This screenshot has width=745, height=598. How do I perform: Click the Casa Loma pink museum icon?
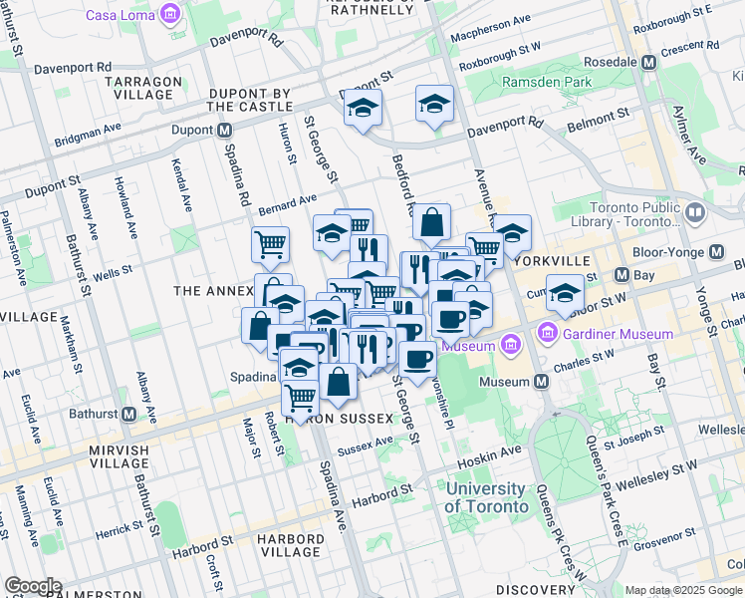pos(171,14)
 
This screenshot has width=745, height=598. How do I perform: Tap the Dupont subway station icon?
pos(225,130)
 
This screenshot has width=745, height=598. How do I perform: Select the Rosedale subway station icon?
pos(649,62)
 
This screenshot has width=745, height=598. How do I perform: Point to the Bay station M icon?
pos(621,274)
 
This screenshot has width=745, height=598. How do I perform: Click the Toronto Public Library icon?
pos(694,212)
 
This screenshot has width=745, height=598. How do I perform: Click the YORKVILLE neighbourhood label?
pos(555,260)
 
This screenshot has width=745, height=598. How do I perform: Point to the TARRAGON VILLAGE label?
pos(147,88)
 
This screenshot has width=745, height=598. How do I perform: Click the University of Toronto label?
pos(486,497)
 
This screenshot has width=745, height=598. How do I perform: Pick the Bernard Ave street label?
pos(287,204)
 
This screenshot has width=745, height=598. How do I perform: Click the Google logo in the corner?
pos(33,586)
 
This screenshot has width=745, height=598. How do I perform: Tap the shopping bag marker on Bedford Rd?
pos(432,224)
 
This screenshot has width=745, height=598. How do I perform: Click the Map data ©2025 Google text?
pos(684,590)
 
